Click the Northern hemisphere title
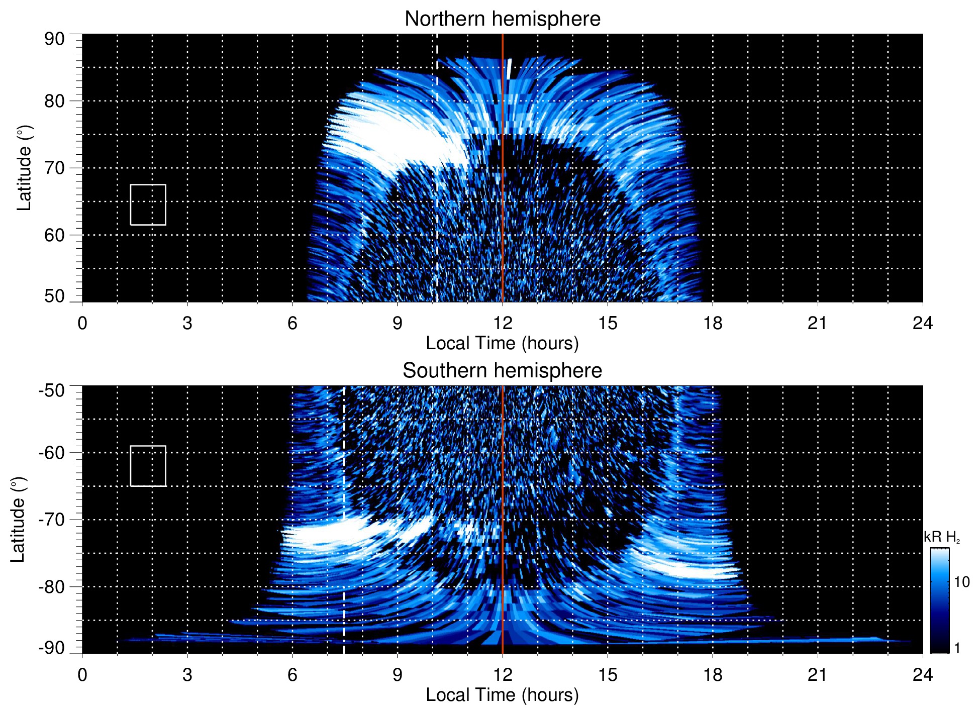click(x=502, y=19)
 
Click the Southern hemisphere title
click(x=502, y=371)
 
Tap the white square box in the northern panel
click(x=148, y=205)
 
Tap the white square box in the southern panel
click(x=148, y=466)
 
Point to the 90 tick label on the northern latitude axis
click(x=54, y=39)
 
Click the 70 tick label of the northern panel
click(x=54, y=168)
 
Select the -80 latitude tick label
click(x=52, y=586)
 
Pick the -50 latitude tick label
click(x=52, y=390)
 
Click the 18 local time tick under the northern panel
click(x=713, y=323)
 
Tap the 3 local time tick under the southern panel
click(x=187, y=675)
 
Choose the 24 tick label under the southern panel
click(x=922, y=675)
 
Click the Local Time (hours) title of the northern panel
click(x=502, y=343)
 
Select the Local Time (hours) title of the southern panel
click(x=502, y=695)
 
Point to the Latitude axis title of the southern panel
click(x=18, y=520)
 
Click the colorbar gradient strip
click(x=939, y=600)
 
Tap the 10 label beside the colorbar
click(x=961, y=582)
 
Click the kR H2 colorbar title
click(x=941, y=537)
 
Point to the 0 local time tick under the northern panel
click(x=82, y=323)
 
